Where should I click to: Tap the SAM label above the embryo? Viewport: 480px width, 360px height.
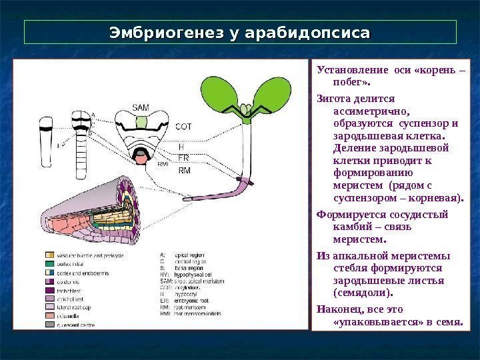141,107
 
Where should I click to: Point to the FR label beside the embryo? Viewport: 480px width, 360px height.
184,157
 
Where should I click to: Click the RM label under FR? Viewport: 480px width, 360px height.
185,171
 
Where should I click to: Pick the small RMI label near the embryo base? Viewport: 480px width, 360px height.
162,163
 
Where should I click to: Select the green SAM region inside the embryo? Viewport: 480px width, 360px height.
141,122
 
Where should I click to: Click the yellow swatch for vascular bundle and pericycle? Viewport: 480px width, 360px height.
49,255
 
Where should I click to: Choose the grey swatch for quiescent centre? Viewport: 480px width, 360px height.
49,325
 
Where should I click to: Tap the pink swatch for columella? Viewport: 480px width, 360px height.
49,315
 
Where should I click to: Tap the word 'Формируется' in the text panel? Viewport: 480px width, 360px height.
349,215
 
